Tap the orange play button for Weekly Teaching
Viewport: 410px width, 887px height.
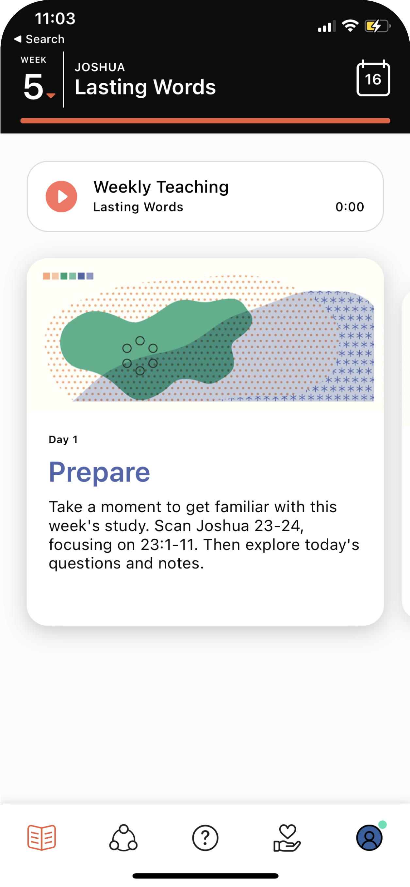point(61,197)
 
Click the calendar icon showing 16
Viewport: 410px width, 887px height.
point(373,78)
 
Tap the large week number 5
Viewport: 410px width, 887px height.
point(33,87)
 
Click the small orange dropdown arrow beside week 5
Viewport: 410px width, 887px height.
point(51,96)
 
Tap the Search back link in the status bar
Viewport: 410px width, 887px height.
point(39,39)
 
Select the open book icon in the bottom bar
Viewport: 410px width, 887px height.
point(42,837)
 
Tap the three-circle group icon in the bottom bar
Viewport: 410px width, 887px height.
point(123,837)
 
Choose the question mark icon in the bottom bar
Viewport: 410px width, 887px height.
point(205,838)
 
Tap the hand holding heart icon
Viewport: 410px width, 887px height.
point(287,838)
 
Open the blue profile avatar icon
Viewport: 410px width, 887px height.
point(369,838)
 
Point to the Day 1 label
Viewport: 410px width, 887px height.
point(63,439)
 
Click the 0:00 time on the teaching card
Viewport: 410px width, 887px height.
point(350,206)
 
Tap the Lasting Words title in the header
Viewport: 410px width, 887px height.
point(145,87)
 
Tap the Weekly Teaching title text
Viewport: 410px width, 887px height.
point(161,187)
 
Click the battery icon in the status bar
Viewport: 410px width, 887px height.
point(378,26)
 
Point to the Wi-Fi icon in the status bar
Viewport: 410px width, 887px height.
point(350,26)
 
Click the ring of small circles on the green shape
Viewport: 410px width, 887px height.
point(140,356)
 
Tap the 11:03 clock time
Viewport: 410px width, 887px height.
point(55,18)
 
